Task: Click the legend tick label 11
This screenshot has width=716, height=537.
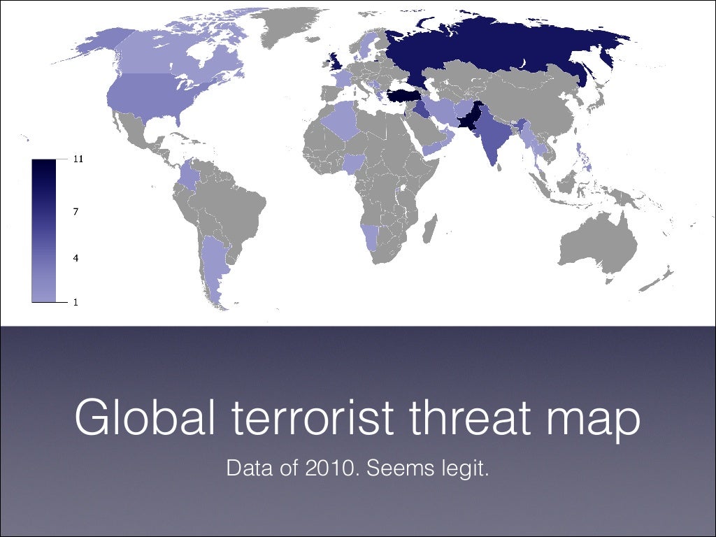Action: click(79, 159)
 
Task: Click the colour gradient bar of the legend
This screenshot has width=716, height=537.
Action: click(43, 231)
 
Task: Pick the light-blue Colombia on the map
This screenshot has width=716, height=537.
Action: click(188, 174)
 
